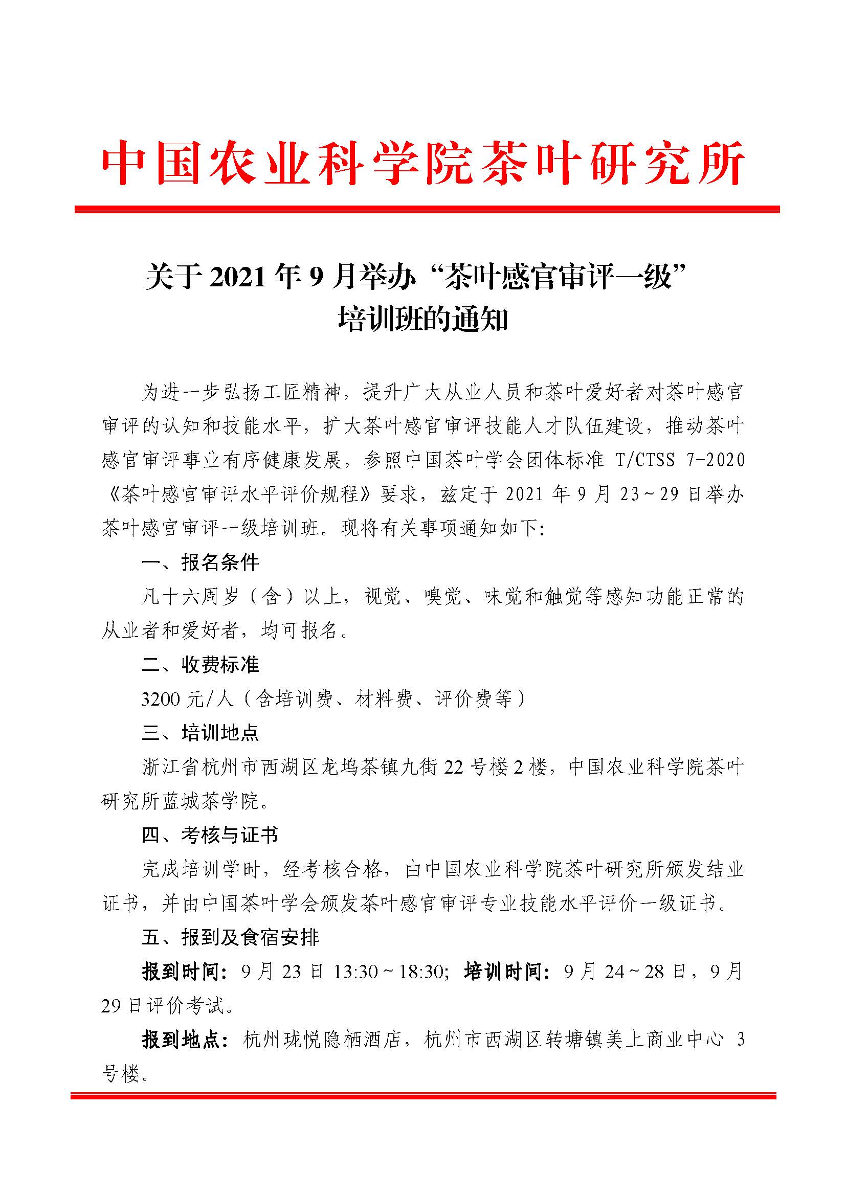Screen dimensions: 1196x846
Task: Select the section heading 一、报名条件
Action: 200,562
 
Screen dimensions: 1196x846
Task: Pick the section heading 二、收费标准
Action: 200,665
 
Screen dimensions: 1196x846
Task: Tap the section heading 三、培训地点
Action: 200,733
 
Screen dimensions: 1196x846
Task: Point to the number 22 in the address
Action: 453,768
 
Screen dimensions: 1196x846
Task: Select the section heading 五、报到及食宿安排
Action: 230,938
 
